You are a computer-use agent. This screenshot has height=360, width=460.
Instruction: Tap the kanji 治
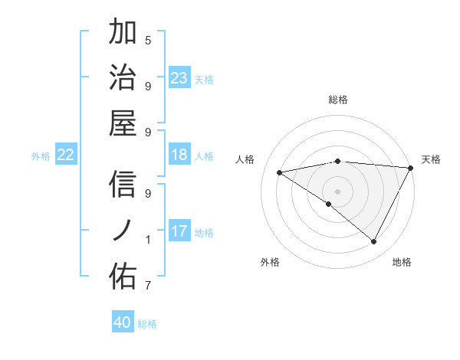coord(123,77)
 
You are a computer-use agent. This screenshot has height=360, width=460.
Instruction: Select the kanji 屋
coord(123,123)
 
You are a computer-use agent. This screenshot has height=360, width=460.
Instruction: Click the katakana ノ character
coord(123,231)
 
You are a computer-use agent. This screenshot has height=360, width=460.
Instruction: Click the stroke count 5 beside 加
coord(148,40)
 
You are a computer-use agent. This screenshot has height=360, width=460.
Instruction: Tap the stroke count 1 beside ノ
coord(148,240)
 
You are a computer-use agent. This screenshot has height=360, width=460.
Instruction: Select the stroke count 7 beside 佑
coord(148,286)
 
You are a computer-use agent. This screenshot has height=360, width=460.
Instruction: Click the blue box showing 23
coord(179,77)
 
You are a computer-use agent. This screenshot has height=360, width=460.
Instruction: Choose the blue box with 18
coord(179,155)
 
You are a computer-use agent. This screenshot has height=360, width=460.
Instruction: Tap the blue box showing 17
coord(179,231)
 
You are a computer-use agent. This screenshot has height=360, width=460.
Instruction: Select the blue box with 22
coord(66,155)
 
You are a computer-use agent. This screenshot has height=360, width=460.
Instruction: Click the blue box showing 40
coord(123,322)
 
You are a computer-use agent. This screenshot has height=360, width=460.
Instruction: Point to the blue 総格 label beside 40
coord(148,324)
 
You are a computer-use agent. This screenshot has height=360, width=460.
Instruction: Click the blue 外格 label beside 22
coord(41,156)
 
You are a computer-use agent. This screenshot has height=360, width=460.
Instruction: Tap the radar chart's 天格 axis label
coord(431,159)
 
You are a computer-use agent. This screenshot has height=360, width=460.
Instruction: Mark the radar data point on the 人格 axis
coord(280,172)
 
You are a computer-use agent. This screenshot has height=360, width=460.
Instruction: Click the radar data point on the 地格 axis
coord(374,242)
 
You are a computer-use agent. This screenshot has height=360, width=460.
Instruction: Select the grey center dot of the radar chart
coord(337,191)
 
